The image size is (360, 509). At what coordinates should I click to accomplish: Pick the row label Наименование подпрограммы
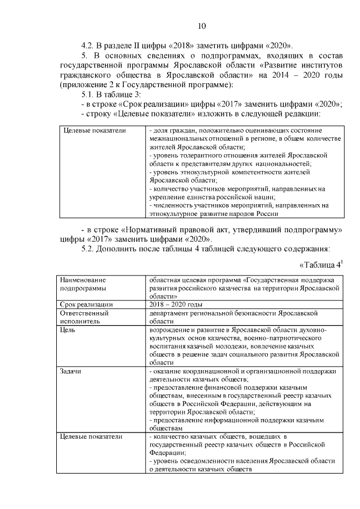pyautogui.click(x=83, y=283)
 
